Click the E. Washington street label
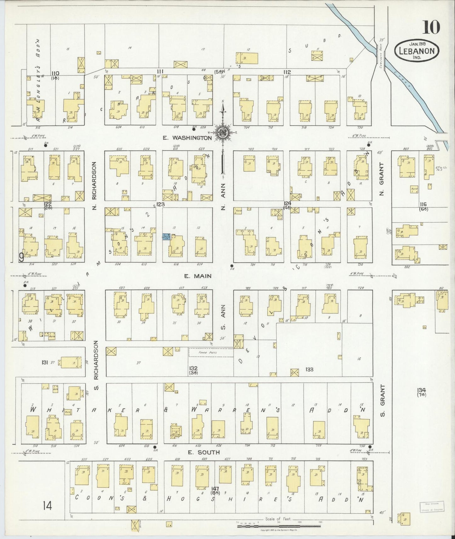[187, 138]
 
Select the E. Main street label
[193, 276]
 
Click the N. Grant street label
[382, 179]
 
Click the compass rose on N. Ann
[223, 133]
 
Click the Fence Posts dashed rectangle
[211, 352]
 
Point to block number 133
[309, 370]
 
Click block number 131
[45, 363]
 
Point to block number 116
[423, 204]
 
